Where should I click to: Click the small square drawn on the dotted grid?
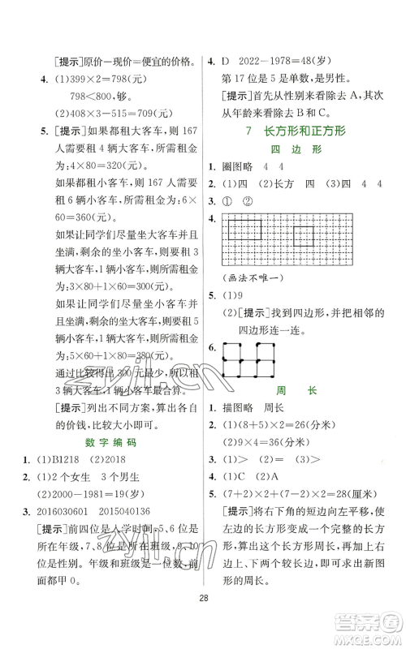click(x=304, y=237)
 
